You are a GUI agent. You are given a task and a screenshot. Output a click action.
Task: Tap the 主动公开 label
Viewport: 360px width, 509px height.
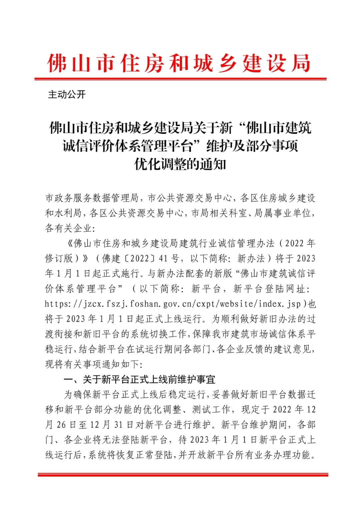(67, 95)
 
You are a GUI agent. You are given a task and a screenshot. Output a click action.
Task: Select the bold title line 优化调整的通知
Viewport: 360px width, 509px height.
(180, 164)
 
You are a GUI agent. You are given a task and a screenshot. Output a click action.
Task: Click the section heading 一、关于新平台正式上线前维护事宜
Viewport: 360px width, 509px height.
(140, 379)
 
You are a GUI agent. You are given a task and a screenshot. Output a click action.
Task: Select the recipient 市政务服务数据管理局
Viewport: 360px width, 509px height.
(92, 198)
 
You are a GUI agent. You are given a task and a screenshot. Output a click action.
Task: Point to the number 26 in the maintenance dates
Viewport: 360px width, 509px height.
(61, 425)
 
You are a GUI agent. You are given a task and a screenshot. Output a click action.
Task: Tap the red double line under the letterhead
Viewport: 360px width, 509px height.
(180, 79)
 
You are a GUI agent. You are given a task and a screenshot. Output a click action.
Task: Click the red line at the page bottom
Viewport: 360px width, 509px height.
(183, 474)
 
